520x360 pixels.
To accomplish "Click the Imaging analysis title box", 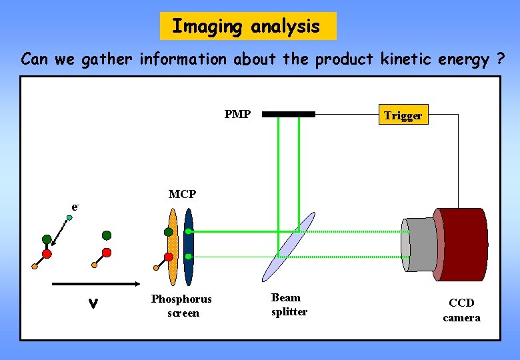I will point(248,26).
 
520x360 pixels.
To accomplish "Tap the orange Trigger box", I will point(403,115).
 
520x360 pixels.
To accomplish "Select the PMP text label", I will point(237,114).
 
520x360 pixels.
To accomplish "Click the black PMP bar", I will point(289,114).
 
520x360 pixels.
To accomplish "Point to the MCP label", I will point(182,194).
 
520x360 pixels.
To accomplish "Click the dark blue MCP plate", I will point(189,247).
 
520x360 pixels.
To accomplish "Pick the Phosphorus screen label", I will point(181,306).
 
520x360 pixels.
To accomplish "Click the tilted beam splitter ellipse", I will point(288,247).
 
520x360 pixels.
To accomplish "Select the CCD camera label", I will point(461,310).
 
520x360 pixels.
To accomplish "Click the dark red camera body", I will point(462,245).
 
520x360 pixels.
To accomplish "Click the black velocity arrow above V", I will point(93,284).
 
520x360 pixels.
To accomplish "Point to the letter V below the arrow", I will point(94,304).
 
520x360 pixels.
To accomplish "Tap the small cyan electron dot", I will point(69,217).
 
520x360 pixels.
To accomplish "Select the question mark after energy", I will point(499,59).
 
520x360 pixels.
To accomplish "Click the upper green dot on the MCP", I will point(189,231).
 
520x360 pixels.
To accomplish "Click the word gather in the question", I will point(107,59).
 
